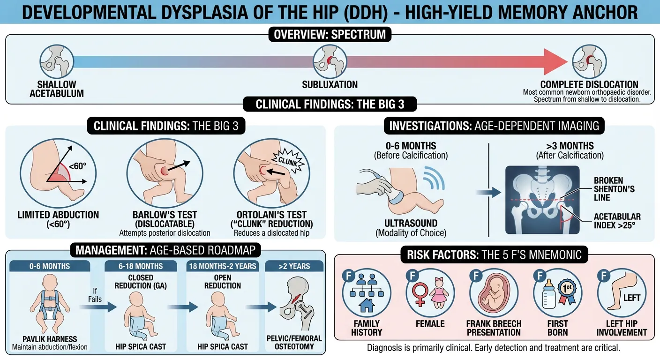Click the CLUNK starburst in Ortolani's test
pos(288,161)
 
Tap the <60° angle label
pos(77,166)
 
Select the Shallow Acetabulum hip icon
pos(57,61)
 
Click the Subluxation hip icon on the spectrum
pos(330,61)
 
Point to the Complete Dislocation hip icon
pos(589,61)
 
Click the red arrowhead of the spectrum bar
pos(555,61)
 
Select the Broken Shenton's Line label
pos(614,189)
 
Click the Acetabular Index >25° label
pos(617,221)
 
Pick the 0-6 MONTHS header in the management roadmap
pos(50,266)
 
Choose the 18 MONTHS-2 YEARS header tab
pos(223,266)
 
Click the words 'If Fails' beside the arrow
pos(95,295)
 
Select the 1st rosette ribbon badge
pos(567,292)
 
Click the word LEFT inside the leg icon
pos(632,298)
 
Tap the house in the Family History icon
pos(366,305)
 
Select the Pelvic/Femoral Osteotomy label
pos(294,342)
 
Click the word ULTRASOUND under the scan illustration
pos(411,223)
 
